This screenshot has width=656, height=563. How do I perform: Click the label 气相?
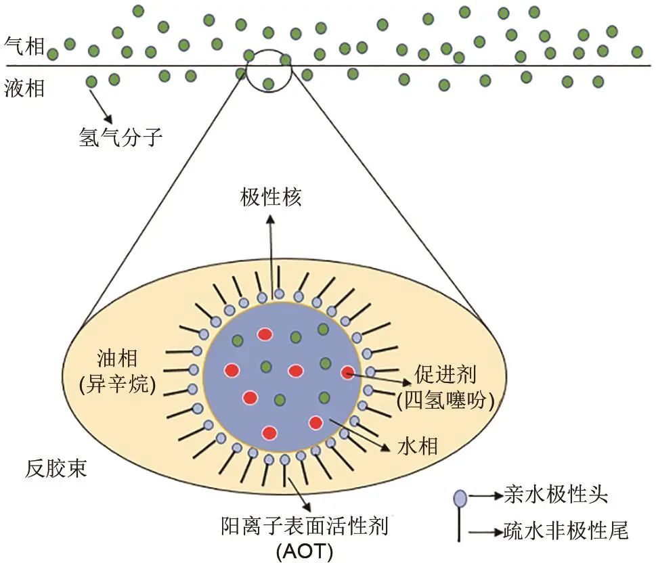[24, 47]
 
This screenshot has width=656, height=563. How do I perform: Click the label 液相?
[24, 88]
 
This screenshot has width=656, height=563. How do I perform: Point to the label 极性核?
[271, 198]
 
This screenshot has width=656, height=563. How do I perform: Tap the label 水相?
[418, 446]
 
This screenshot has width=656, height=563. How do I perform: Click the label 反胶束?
[57, 468]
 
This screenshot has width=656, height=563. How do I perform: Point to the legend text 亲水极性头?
[556, 495]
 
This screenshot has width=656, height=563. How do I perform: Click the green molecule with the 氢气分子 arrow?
[92, 82]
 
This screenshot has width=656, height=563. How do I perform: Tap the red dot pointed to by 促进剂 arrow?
[348, 372]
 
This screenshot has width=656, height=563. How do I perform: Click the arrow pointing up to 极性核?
[271, 250]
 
